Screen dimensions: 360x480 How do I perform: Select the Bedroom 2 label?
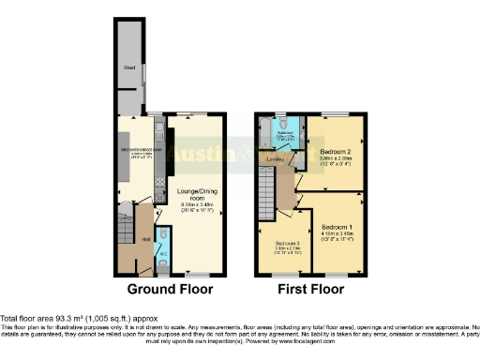point(335,151)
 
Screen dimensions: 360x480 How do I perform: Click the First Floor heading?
point(308,289)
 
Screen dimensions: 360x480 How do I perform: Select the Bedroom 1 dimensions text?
point(339,237)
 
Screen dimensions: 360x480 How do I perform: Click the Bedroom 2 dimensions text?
point(335,161)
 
